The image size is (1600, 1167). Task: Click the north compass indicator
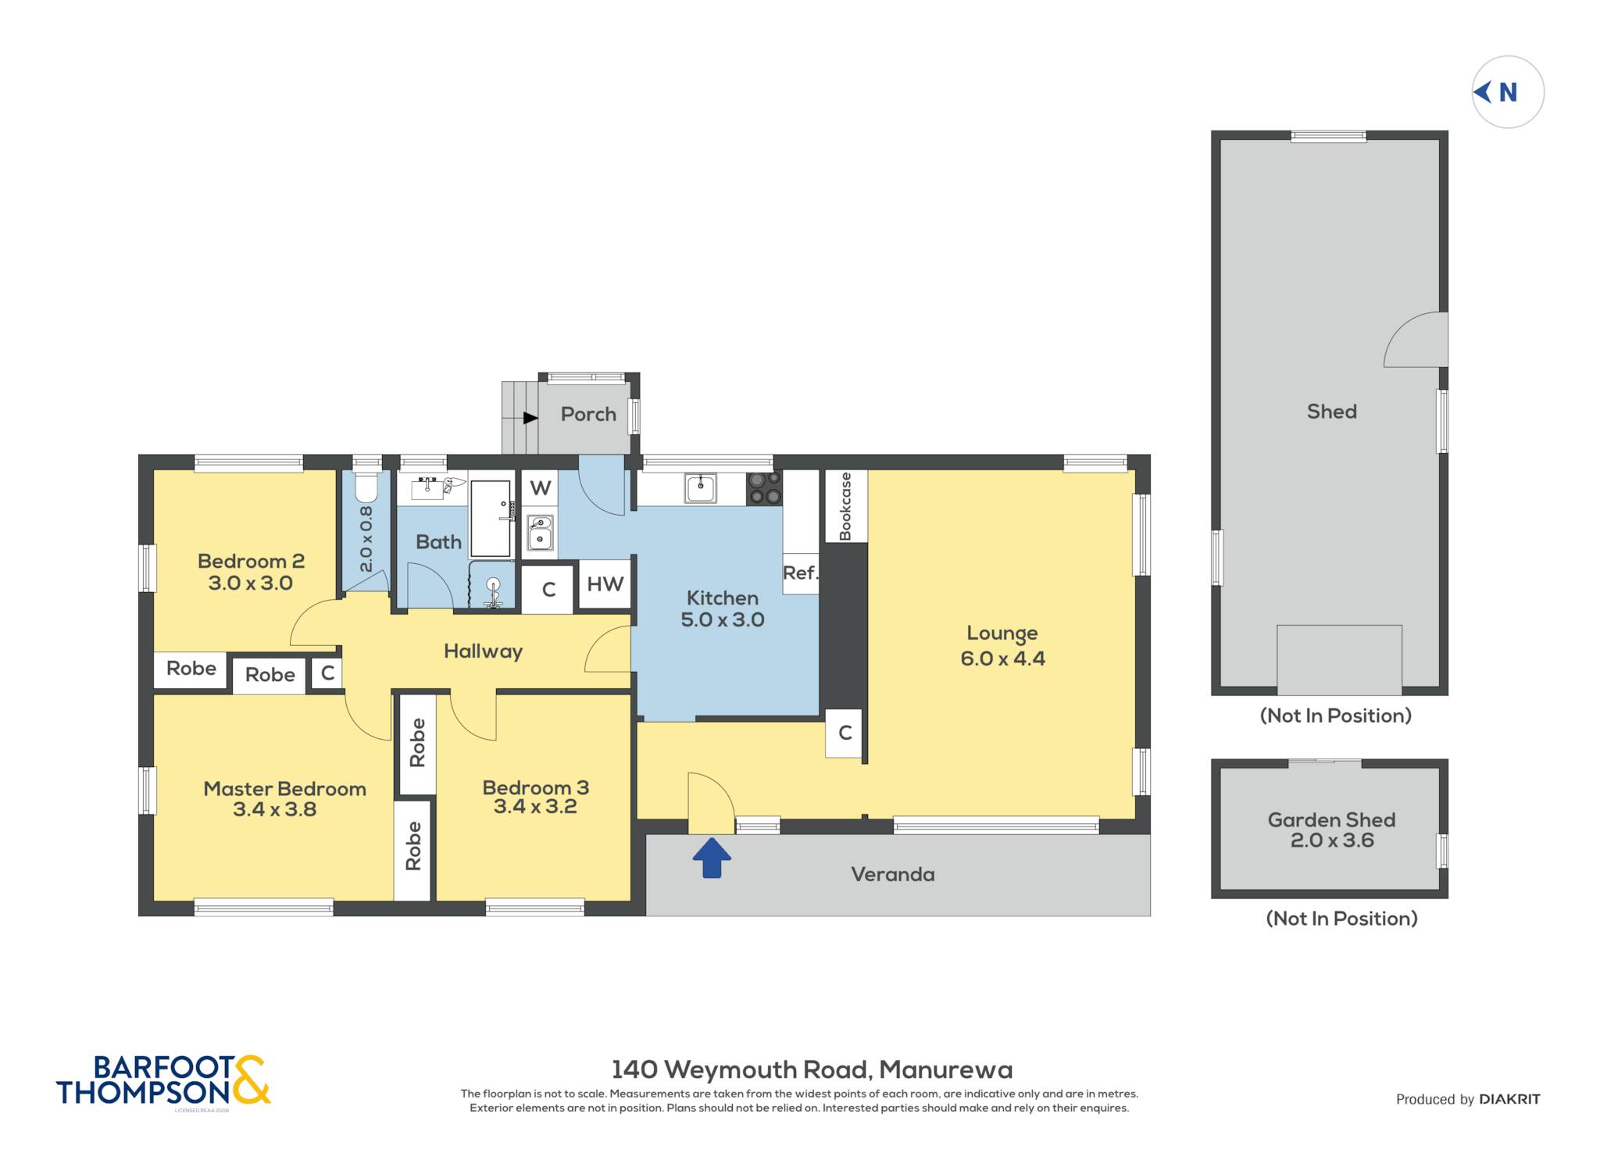(1507, 92)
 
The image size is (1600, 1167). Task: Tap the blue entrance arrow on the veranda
(712, 858)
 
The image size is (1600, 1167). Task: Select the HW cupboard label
(605, 583)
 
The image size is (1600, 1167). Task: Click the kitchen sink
(701, 488)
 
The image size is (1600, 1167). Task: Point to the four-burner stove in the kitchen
(764, 488)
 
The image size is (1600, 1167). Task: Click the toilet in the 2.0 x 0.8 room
(366, 487)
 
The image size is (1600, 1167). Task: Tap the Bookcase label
(845, 506)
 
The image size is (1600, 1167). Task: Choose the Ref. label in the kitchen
(800, 573)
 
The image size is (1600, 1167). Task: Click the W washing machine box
(540, 488)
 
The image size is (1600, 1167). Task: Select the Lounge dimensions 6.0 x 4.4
(1002, 658)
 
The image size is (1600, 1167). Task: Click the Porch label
(588, 414)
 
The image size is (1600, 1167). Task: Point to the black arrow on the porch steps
(530, 418)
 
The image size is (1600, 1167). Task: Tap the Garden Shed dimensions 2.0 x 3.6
(1332, 840)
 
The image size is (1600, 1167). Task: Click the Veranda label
(893, 874)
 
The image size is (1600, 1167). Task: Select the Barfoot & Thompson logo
(163, 1081)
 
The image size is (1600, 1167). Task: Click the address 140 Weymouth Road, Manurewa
(812, 1069)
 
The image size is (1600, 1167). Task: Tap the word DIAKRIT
(1509, 1099)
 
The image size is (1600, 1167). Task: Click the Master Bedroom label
(284, 789)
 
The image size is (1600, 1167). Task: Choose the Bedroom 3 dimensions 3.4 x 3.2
(535, 806)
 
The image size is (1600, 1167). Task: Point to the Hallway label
(483, 651)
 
